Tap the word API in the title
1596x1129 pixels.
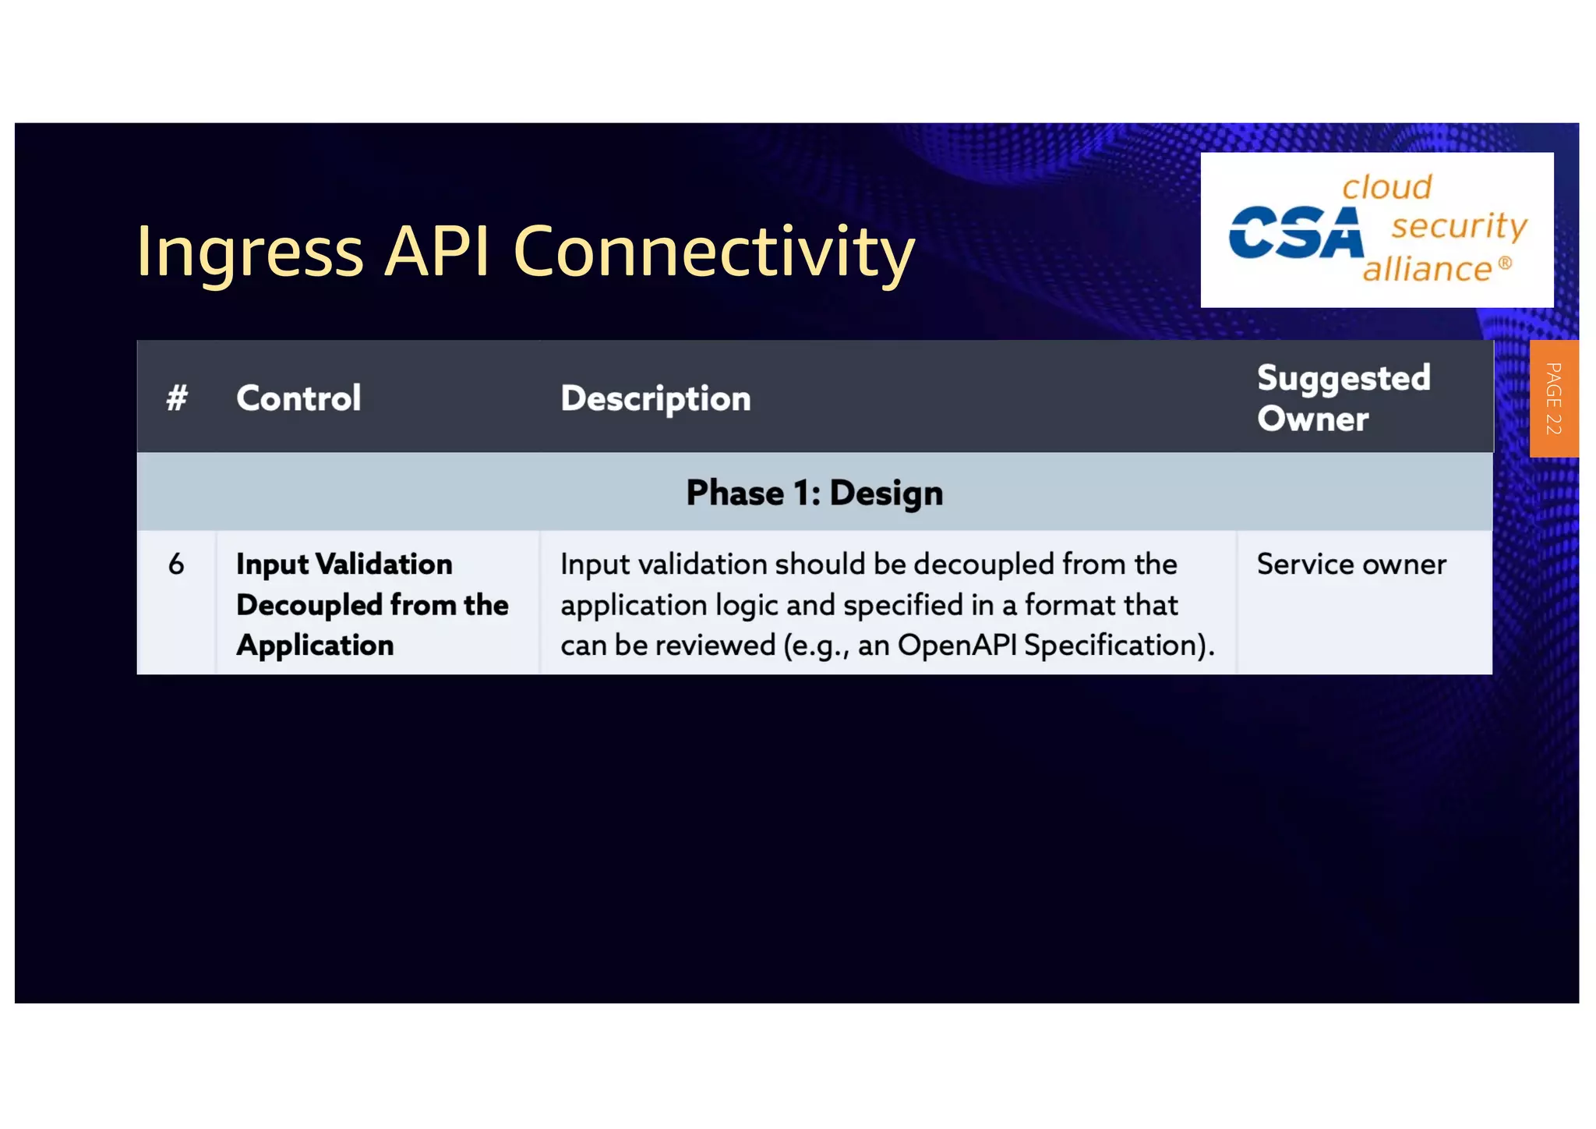(437, 251)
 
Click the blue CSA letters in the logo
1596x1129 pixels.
(1296, 232)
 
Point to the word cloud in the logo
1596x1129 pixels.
(1386, 187)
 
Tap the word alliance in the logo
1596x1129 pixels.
(1427, 269)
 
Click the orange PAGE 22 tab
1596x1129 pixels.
(1553, 398)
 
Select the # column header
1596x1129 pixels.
(177, 398)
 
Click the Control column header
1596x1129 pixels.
(298, 398)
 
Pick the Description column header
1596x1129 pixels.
(655, 398)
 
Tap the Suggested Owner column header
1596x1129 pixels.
(1343, 398)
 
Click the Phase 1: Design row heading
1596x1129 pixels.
(814, 493)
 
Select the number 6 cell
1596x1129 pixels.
(176, 564)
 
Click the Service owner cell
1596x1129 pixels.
(1351, 564)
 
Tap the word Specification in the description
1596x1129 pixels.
(1112, 646)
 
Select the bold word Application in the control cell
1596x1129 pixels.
(315, 646)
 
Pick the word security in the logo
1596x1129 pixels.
(1459, 227)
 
